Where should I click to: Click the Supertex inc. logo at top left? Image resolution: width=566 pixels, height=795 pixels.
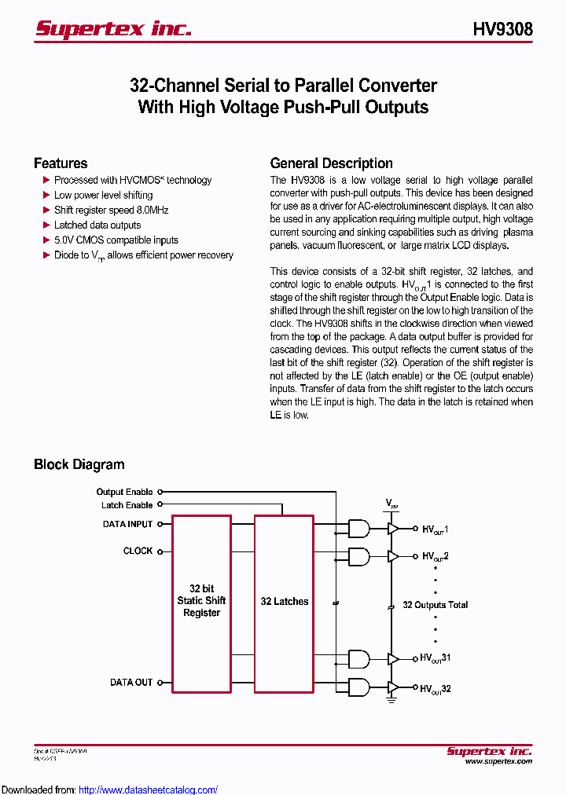(113, 29)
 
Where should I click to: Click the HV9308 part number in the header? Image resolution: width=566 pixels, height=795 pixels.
(502, 29)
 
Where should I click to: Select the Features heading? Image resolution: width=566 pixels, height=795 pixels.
(61, 163)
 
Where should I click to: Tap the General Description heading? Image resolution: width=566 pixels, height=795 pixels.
(331, 163)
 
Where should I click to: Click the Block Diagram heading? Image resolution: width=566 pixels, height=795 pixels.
(79, 464)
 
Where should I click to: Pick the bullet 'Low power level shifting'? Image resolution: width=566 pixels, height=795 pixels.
(103, 195)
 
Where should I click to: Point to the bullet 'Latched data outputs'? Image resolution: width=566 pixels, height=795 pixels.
(97, 225)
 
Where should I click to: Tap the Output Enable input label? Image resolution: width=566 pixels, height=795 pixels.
(124, 492)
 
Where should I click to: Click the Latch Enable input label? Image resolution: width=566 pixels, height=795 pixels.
(127, 505)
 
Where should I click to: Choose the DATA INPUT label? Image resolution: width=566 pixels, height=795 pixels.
(127, 524)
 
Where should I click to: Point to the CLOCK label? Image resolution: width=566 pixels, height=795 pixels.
(138, 551)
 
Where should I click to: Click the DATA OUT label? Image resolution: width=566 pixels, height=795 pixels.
(131, 683)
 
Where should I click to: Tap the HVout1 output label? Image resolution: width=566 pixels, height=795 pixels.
(435, 530)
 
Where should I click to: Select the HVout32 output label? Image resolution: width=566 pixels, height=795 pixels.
(436, 689)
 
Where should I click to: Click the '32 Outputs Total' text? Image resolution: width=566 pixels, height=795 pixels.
(435, 605)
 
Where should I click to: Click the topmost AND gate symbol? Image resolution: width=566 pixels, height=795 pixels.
(358, 529)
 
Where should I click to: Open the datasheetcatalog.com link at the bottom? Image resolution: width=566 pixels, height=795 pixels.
(149, 790)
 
